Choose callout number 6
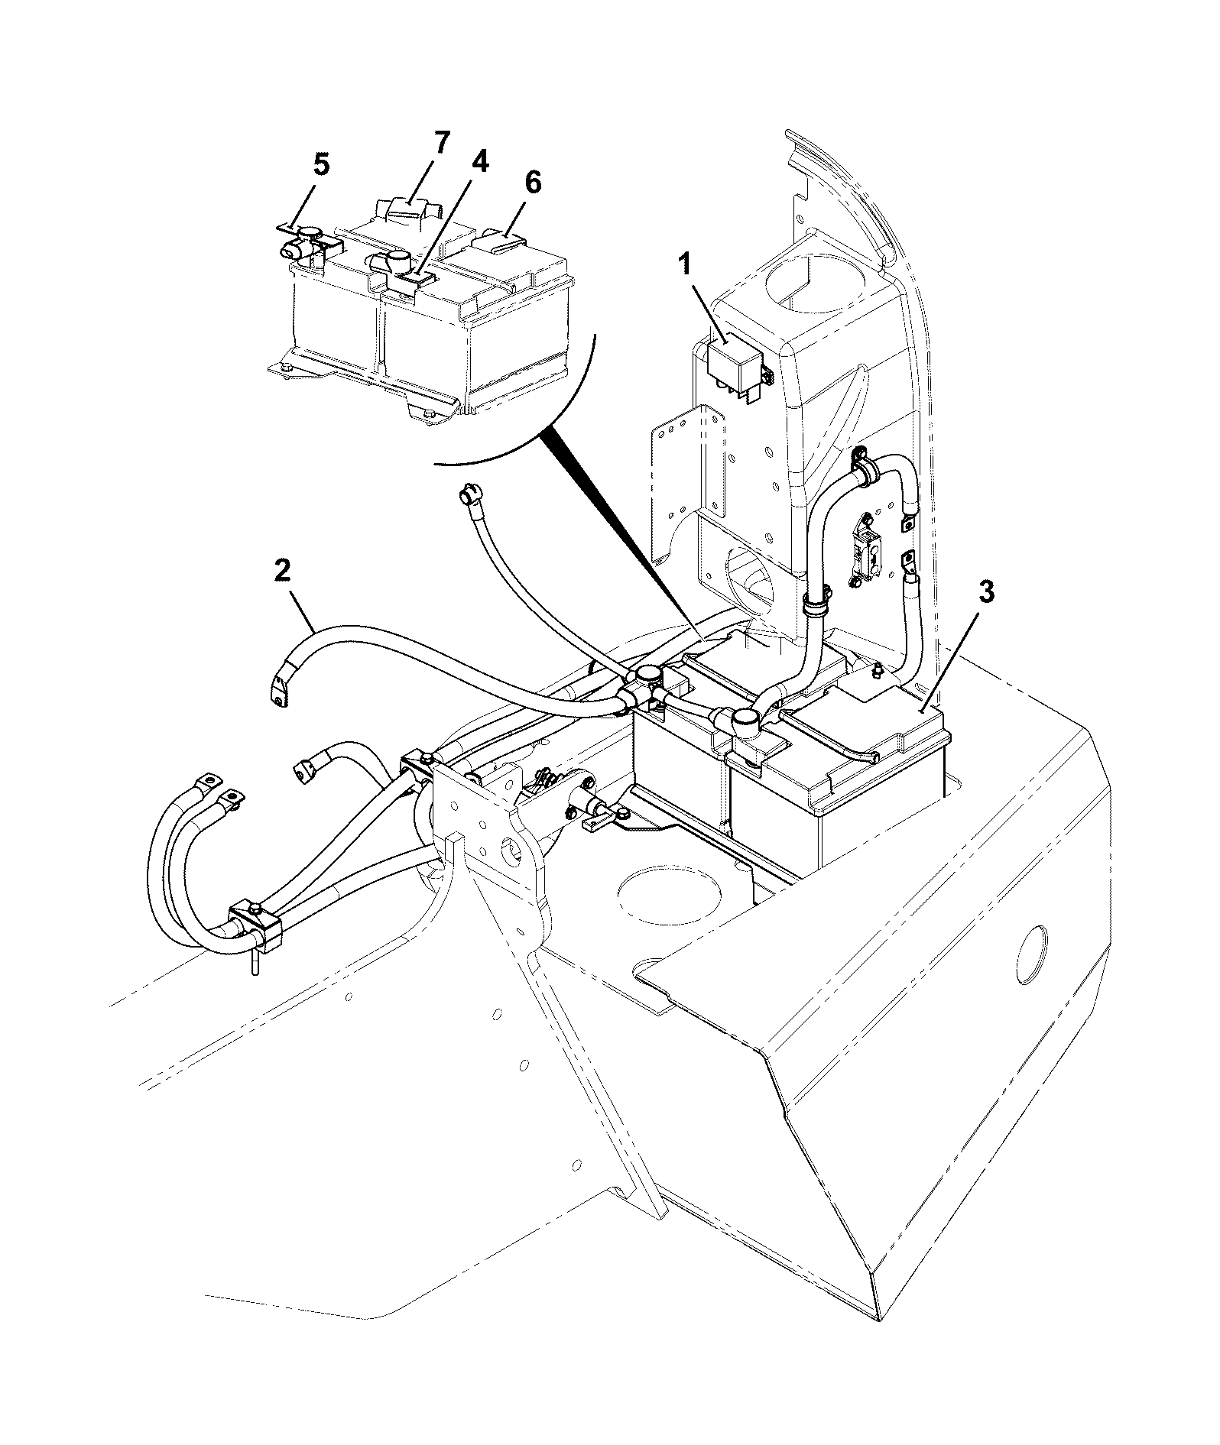pyautogui.click(x=532, y=183)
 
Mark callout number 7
pyautogui.click(x=442, y=143)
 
